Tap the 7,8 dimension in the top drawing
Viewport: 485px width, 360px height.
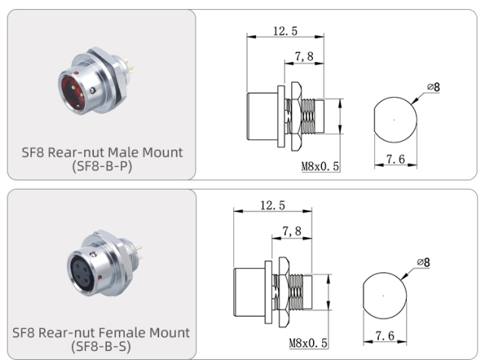pyautogui.click(x=305, y=57)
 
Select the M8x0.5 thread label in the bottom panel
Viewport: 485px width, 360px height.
pyautogui.click(x=308, y=343)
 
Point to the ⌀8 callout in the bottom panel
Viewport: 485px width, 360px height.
pyautogui.click(x=423, y=262)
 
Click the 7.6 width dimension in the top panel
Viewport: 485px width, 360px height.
pyautogui.click(x=394, y=159)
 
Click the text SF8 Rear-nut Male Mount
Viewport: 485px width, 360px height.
pyautogui.click(x=102, y=152)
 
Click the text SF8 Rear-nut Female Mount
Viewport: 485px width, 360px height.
pyautogui.click(x=102, y=333)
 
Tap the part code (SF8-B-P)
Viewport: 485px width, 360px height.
pyautogui.click(x=102, y=166)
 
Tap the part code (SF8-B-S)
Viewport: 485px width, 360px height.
pyautogui.click(x=102, y=347)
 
